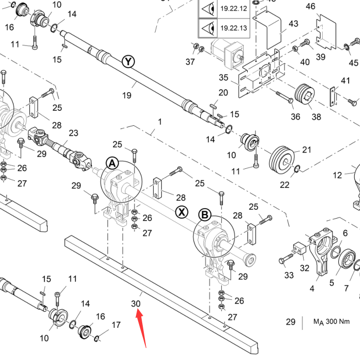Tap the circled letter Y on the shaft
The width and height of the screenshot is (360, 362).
point(128,62)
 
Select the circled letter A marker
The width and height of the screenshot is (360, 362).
point(112,164)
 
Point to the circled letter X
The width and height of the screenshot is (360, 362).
point(181,211)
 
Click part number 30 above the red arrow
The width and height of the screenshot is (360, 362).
point(136,303)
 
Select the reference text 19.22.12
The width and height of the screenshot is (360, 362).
point(233,8)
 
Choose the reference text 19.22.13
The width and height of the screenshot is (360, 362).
point(233,27)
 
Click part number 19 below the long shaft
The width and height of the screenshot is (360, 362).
point(127,95)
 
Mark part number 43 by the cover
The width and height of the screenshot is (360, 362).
point(293,24)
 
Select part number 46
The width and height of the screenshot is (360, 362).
point(325,6)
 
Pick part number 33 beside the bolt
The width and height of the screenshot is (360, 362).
point(288,275)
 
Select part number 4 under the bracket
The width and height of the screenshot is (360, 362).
point(312,288)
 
